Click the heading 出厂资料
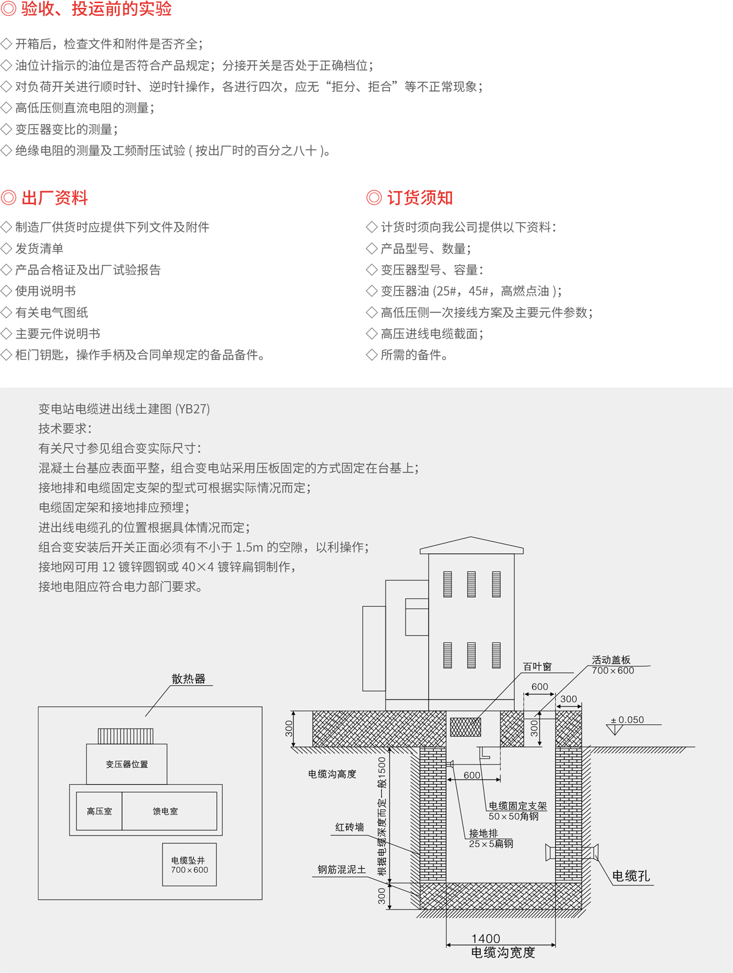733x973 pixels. tap(54, 197)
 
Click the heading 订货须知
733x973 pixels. tap(420, 197)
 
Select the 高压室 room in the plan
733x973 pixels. tap(99, 811)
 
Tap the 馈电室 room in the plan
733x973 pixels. tap(169, 811)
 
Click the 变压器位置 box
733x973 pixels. tap(126, 764)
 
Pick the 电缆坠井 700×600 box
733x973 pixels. tap(189, 865)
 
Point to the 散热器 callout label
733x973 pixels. tap(189, 678)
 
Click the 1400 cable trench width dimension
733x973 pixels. tap(486, 938)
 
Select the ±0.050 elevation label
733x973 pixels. tap(627, 720)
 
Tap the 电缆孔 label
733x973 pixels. tap(631, 876)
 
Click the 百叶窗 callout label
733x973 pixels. tap(538, 667)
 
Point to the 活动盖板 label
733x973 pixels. tap(611, 660)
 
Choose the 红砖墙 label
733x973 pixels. tap(349, 827)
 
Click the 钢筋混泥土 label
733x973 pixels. tap(341, 870)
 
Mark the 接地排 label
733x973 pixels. tap(484, 834)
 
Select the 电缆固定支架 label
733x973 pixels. tap(518, 806)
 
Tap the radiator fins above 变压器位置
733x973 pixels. tap(126, 736)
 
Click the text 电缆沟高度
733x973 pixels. tap(332, 774)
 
